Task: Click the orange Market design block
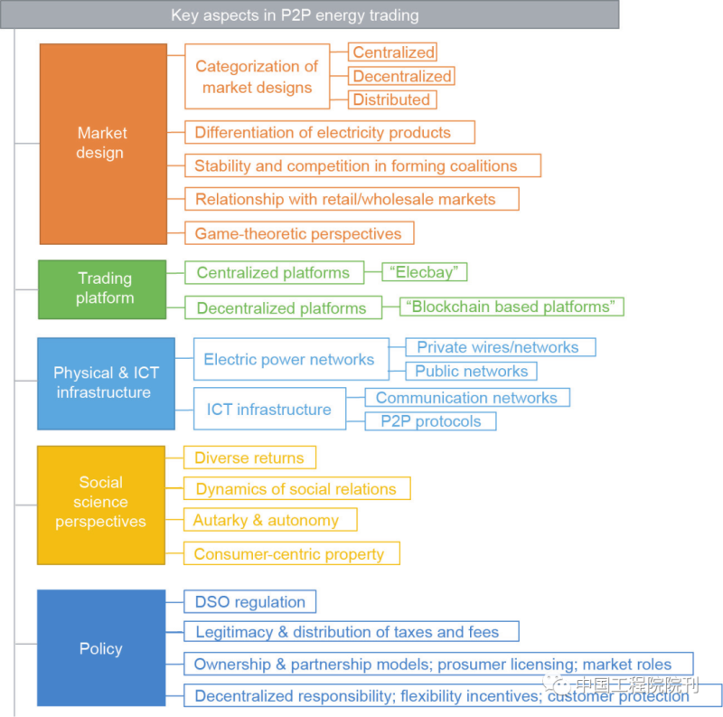(x=103, y=144)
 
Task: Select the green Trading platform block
(x=102, y=289)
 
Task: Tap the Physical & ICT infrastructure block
(x=106, y=383)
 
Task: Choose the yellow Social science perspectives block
(x=101, y=505)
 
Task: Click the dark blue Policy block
(x=101, y=648)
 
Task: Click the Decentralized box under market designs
(x=401, y=76)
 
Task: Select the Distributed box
(x=391, y=99)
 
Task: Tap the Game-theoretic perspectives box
(x=298, y=233)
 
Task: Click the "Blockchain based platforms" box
(x=512, y=307)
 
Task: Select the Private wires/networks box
(x=500, y=347)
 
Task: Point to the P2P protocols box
(x=430, y=420)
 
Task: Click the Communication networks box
(x=466, y=398)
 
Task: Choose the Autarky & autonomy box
(x=269, y=520)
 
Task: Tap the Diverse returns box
(x=249, y=458)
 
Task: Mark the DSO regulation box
(x=250, y=602)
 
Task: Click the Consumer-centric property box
(x=291, y=554)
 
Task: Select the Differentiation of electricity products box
(x=329, y=133)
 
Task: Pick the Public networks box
(x=471, y=371)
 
